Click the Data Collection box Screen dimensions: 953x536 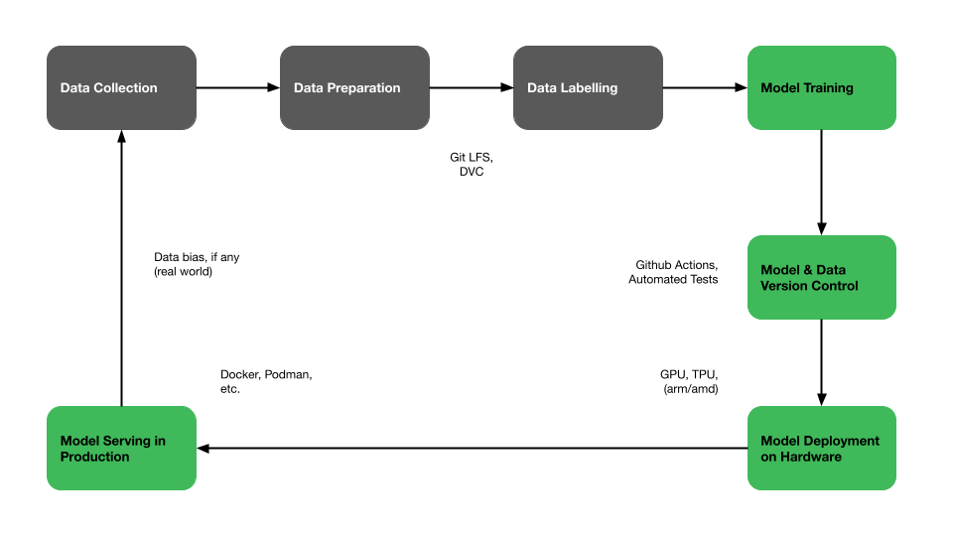tap(121, 87)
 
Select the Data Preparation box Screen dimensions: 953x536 tap(355, 87)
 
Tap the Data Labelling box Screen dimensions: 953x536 tap(589, 87)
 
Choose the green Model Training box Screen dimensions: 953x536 tap(822, 87)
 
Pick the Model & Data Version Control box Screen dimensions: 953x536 tap(822, 277)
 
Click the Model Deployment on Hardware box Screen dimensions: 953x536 tap(822, 448)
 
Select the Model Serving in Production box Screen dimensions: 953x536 tap(121, 448)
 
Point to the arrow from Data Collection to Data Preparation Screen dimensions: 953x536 tap(238, 87)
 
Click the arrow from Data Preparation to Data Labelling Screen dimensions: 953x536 tap(472, 87)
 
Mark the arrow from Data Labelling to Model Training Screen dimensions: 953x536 tap(705, 87)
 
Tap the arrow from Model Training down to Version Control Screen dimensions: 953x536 tap(822, 183)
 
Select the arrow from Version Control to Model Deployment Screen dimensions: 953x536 tap(822, 362)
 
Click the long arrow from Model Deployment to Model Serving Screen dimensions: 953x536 tap(473, 449)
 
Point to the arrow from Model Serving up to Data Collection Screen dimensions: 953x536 tap(121, 268)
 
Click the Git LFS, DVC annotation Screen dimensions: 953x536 tap(472, 164)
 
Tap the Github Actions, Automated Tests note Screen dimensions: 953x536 tap(673, 272)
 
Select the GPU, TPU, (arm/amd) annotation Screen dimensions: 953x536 tap(689, 381)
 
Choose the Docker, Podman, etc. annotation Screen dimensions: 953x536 tap(266, 381)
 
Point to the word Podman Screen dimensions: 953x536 tap(288, 374)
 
